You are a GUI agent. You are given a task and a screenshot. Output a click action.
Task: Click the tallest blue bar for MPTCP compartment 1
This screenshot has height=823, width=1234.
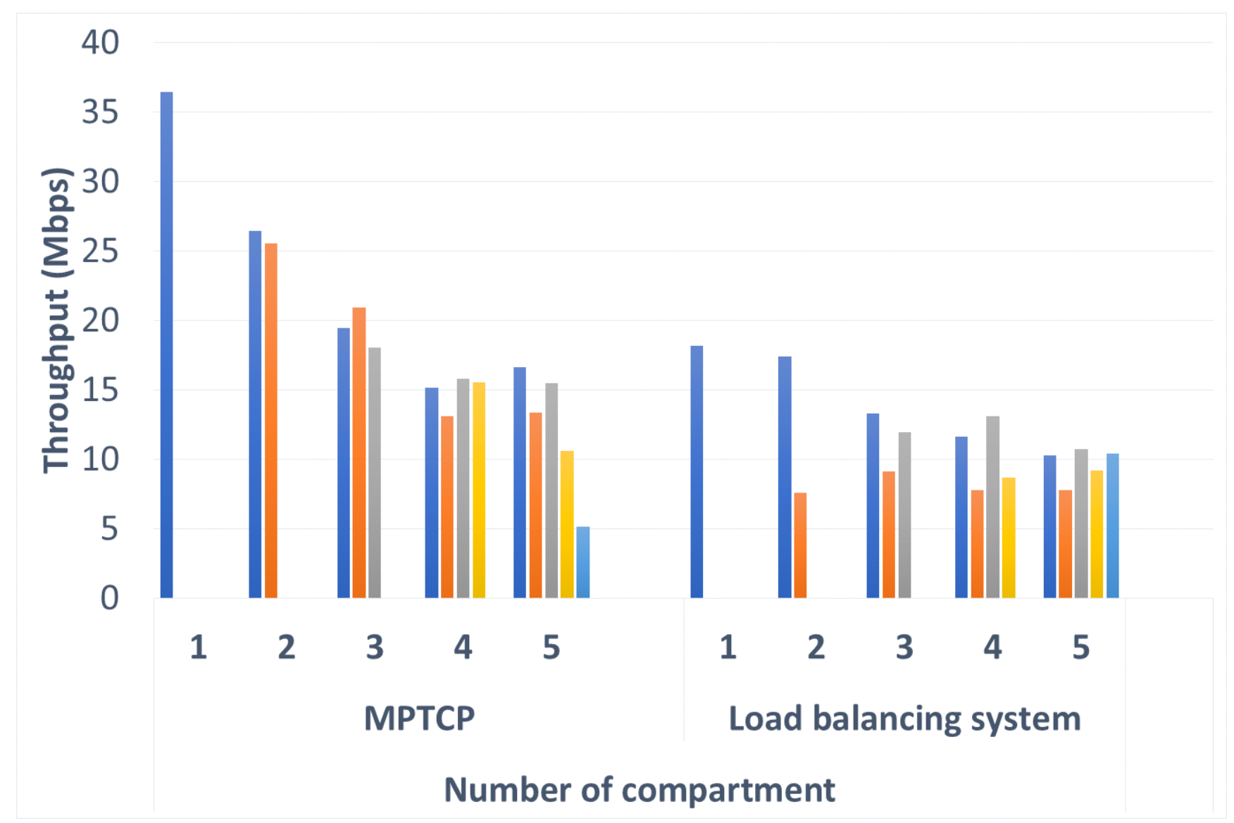[x=167, y=345]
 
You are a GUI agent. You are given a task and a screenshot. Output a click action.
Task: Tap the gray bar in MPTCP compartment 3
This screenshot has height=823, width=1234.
[x=375, y=473]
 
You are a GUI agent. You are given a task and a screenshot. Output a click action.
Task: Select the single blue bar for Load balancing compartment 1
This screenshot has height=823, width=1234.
[x=697, y=472]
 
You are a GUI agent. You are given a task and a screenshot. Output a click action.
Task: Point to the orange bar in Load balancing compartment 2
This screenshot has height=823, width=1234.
[x=800, y=545]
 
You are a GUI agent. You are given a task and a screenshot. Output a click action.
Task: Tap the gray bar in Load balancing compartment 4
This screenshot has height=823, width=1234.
[x=992, y=507]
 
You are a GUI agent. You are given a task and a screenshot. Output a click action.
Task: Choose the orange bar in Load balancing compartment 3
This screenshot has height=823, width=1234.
[x=889, y=535]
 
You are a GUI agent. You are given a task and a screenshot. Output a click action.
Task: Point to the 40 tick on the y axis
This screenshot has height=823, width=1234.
[x=100, y=43]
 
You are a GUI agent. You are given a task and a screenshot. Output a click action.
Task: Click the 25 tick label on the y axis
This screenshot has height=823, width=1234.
[x=100, y=252]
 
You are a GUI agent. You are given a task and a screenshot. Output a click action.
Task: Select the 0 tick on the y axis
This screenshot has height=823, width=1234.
[x=109, y=598]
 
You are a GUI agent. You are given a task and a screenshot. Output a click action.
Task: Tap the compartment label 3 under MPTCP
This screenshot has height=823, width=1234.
[x=375, y=647]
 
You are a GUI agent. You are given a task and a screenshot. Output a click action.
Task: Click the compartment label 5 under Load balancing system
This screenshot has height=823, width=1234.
[x=1081, y=647]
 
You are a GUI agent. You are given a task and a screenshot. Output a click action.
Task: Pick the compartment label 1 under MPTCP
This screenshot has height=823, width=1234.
[x=199, y=647]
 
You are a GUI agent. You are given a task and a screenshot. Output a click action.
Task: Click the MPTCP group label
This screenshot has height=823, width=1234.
[x=419, y=719]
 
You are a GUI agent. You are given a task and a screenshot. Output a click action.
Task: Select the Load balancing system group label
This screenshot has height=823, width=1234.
[x=904, y=719]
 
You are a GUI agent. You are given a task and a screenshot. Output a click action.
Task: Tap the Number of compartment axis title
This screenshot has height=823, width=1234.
[x=639, y=790]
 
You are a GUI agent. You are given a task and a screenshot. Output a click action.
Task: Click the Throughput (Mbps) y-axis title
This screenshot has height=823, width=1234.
[x=56, y=321]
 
